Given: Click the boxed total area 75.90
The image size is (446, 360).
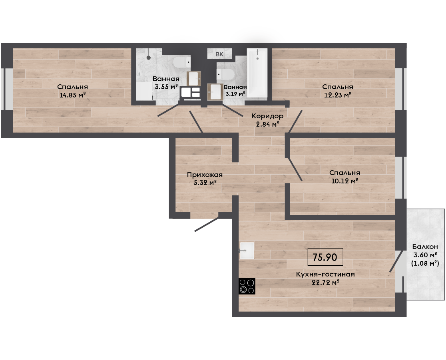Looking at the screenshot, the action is [325, 257].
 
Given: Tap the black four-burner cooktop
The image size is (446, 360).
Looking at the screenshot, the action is [247, 286].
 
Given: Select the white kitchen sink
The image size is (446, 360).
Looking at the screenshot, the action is [247, 251].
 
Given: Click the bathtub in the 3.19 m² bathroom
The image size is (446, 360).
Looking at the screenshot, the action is [257, 73].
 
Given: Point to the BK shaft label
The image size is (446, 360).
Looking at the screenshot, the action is [219, 54].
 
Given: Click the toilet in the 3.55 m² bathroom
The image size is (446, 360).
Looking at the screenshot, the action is [181, 62].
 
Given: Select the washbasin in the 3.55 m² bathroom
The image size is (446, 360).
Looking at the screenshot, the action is [194, 78].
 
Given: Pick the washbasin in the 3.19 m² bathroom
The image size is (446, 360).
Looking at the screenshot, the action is [214, 91].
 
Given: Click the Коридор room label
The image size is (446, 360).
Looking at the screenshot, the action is [267, 116].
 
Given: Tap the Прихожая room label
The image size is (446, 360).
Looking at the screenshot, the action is [205, 175].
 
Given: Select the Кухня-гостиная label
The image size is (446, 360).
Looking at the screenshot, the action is [325, 274].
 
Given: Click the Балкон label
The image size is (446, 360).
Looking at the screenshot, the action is [425, 247].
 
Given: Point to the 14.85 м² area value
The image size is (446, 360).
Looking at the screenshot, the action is [72, 95].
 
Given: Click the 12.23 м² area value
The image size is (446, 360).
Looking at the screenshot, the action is [338, 95].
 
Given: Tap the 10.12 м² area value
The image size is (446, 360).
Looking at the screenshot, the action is [344, 181].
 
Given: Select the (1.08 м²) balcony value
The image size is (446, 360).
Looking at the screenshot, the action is [425, 263].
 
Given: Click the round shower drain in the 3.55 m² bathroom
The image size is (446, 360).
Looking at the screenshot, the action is [149, 58].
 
